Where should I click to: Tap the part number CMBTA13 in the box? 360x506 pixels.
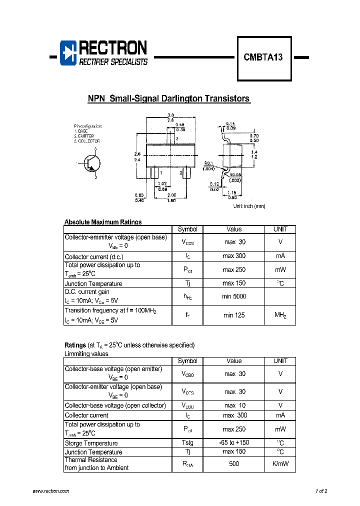pos(263,57)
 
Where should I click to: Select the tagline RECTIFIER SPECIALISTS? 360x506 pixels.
pos(113,62)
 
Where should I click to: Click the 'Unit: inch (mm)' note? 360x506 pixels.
pos(249,206)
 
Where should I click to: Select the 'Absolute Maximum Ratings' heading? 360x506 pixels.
pos(103,222)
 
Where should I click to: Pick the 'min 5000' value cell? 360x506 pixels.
pos(234,296)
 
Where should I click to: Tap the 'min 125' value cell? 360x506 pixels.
pos(234,315)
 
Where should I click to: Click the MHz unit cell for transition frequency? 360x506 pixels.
pos(280,315)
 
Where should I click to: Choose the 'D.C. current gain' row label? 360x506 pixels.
pos(87,291)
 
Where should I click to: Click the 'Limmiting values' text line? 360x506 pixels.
pos(86,354)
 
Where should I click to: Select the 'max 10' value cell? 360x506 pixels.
pos(234,405)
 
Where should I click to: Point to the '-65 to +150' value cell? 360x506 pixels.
pos(234,443)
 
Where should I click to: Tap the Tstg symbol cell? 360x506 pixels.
pos(187,443)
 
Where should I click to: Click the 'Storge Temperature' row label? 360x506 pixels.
pos(91,443)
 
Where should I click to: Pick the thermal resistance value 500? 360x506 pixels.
pos(234,464)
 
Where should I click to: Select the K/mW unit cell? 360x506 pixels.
pos(280,464)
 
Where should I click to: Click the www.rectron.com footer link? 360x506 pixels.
pos(50,491)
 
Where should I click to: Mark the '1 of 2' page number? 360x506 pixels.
pos(321,491)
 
